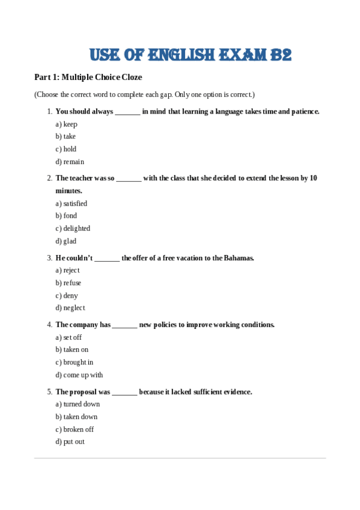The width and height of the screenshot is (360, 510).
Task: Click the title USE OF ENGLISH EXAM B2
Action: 190,55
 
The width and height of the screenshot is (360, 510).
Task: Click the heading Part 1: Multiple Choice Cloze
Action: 88,78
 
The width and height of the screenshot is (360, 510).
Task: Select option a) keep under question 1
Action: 67,124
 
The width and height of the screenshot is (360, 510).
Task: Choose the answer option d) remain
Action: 70,161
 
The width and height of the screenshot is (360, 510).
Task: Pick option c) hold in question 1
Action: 66,149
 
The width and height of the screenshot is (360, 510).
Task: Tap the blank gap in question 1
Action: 127,112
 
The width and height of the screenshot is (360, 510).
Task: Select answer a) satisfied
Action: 72,203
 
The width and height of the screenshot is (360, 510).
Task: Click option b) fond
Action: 67,215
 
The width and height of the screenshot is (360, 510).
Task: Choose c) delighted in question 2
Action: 73,228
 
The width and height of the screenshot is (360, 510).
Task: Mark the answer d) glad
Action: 66,241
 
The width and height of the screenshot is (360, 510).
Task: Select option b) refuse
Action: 69,283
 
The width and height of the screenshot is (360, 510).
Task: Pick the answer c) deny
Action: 67,295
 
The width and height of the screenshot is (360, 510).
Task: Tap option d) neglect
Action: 70,307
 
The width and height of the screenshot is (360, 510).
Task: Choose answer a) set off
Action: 69,337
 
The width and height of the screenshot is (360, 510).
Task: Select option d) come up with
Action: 79,375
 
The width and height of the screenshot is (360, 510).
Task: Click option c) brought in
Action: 75,362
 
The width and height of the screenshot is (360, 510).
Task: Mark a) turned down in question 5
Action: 78,404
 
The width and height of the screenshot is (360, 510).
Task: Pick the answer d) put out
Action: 70,441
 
